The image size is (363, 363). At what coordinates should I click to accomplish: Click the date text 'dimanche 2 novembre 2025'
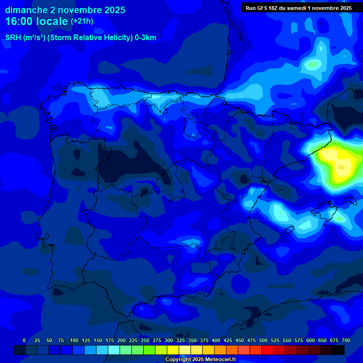(x=65, y=10)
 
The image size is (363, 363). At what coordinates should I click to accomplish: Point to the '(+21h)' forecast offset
(x=82, y=21)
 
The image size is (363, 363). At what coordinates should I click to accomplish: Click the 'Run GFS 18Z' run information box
(x=299, y=8)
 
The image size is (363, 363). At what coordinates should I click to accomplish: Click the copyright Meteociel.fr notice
(x=207, y=360)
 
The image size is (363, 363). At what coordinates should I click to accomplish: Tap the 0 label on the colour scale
(x=24, y=340)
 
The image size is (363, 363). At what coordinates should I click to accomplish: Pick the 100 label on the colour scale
(x=74, y=340)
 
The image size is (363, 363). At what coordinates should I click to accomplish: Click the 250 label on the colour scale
(x=145, y=340)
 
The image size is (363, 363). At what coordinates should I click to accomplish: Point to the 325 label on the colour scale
(x=181, y=340)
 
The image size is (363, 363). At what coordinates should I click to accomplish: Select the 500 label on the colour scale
(x=263, y=340)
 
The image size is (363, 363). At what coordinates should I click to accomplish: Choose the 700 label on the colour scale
(x=346, y=340)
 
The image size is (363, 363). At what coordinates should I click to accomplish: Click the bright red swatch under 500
(x=268, y=350)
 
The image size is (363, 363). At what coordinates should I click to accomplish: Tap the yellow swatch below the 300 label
(x=173, y=350)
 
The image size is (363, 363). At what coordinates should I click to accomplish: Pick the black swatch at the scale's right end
(x=338, y=350)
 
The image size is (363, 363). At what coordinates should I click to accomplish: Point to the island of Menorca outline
(x=350, y=200)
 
